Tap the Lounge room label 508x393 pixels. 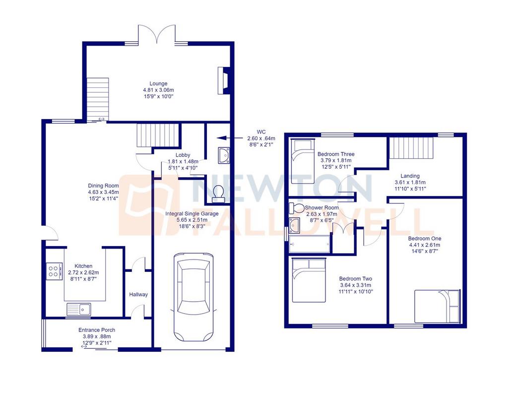click(x=158, y=83)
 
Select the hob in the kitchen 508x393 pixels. click(x=54, y=271)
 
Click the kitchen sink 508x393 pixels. click(x=79, y=310)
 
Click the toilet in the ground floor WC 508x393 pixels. click(x=218, y=194)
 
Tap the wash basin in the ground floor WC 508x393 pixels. click(x=224, y=155)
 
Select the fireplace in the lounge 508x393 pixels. click(x=224, y=81)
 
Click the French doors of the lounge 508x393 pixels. click(x=157, y=34)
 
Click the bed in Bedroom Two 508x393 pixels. click(x=309, y=280)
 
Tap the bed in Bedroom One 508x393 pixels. click(x=438, y=306)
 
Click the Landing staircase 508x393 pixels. click(x=411, y=148)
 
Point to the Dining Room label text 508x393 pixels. click(x=103, y=186)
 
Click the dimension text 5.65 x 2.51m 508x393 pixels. click(x=192, y=220)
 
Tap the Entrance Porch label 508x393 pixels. click(x=97, y=330)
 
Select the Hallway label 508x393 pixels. click(x=138, y=295)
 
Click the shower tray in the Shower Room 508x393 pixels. click(x=310, y=244)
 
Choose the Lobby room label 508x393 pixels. click(x=183, y=155)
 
